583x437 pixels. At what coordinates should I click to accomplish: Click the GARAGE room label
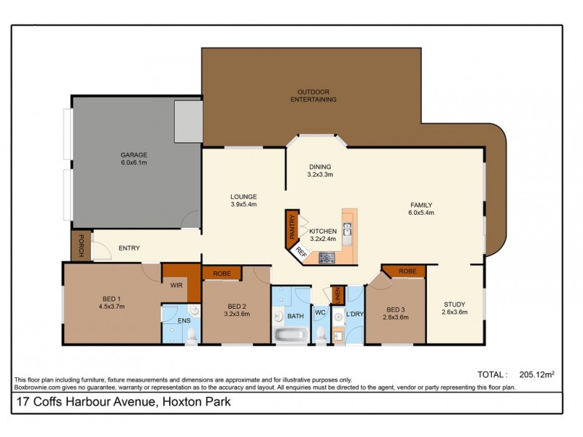[x=134, y=154]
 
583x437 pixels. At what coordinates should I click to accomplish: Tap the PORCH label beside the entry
[x=76, y=245]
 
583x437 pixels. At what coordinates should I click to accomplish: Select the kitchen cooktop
[x=326, y=257]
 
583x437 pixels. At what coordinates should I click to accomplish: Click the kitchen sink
[x=348, y=232]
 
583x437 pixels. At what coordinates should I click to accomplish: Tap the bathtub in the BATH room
[x=290, y=335]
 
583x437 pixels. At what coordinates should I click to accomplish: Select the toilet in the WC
[x=321, y=333]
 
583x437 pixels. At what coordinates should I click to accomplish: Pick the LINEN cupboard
[x=337, y=295]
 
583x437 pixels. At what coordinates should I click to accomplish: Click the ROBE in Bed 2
[x=222, y=273]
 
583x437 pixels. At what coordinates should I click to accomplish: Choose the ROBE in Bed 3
[x=408, y=271]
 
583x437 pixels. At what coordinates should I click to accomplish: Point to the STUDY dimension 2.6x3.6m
[x=454, y=312]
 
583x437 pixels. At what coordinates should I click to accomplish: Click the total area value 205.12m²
[x=535, y=374]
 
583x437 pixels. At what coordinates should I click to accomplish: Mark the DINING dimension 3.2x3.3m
[x=320, y=175]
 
